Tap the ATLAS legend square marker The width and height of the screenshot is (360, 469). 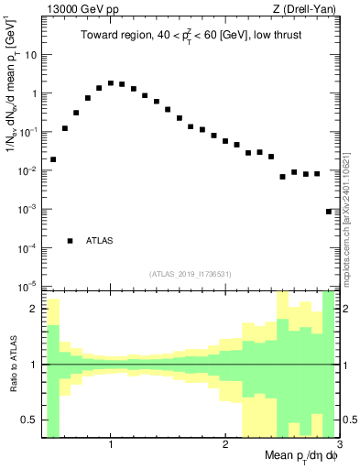pos(71,241)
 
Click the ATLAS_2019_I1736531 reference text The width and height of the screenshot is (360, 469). pos(190,274)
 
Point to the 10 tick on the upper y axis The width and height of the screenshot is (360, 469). pos(31,54)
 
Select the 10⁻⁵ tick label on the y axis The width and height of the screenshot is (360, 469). pos(28,287)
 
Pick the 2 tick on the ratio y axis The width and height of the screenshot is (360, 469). pos(35,309)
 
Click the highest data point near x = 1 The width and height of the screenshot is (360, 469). pos(111,83)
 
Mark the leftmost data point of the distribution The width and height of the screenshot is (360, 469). pos(53,159)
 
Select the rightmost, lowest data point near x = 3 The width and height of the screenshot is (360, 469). pos(329,212)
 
